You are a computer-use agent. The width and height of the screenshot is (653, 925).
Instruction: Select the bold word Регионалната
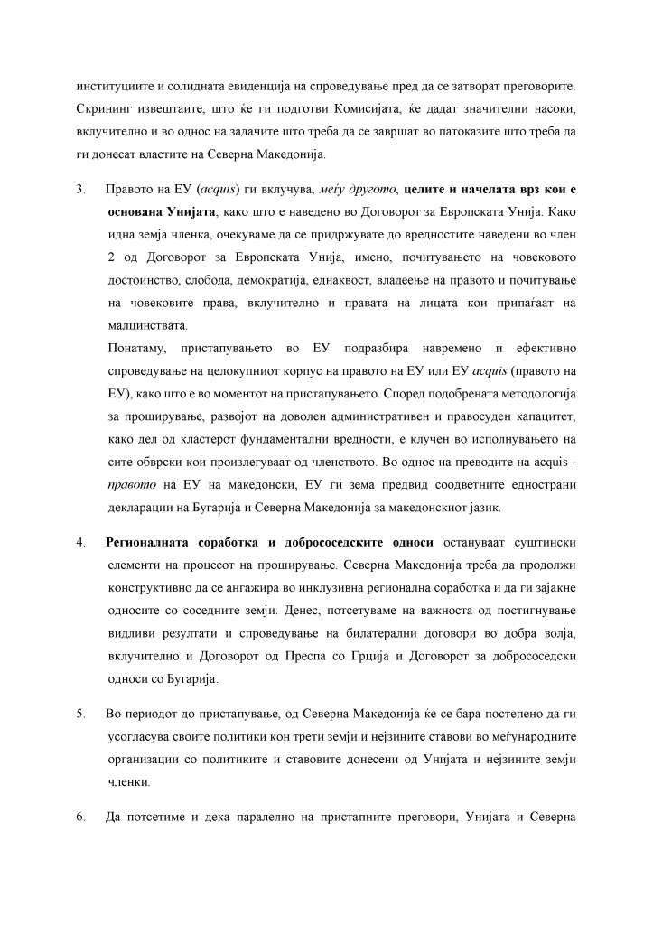(149, 543)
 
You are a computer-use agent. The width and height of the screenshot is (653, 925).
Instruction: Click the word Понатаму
(136, 347)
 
